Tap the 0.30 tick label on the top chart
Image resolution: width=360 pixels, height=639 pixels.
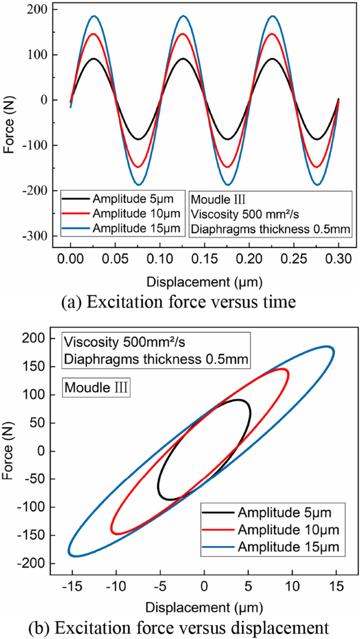pos(338,260)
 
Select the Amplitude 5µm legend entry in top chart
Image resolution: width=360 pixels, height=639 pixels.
pos(123,199)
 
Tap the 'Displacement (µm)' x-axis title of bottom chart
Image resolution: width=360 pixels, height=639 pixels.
pos(204,606)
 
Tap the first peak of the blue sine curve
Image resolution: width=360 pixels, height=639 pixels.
pos(94,16)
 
